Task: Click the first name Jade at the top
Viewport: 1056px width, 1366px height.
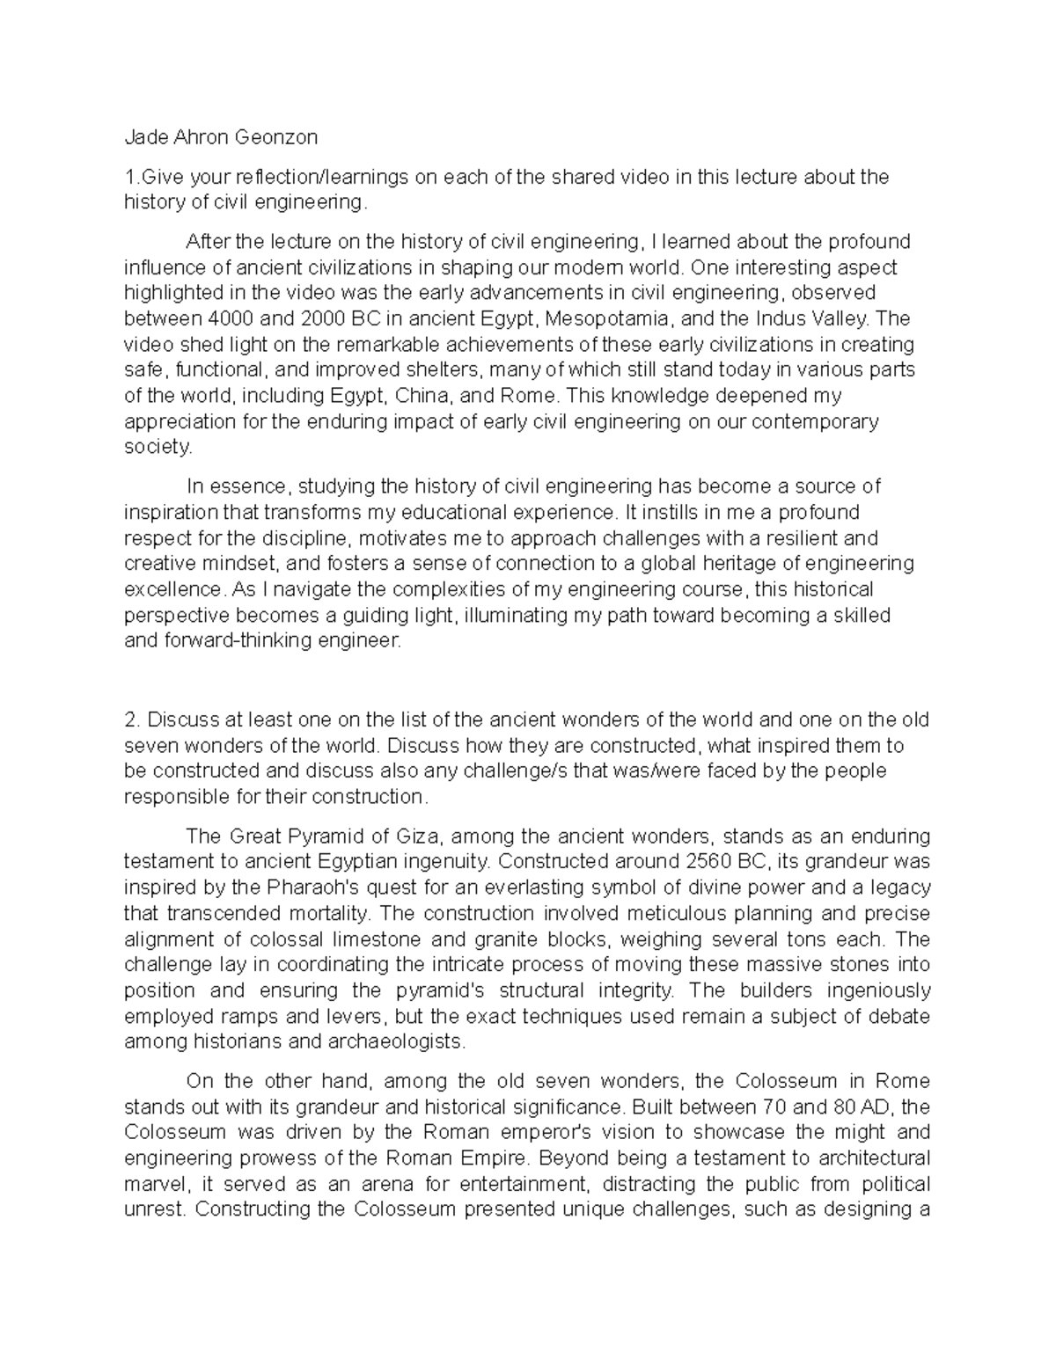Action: (143, 137)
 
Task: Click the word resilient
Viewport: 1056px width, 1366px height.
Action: (805, 537)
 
